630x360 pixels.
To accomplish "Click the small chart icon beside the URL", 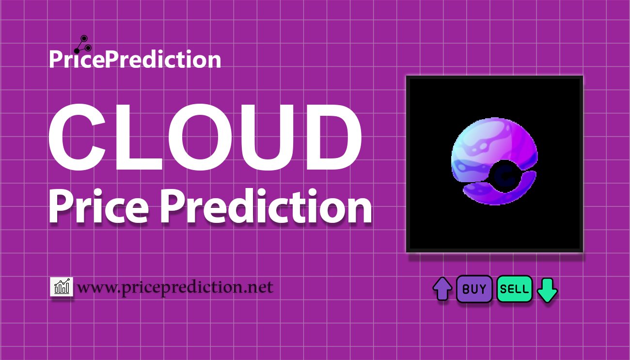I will point(62,287).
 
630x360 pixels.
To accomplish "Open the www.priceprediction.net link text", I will point(175,288).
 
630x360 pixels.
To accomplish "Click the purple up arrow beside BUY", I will point(442,289).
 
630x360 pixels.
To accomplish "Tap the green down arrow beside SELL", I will point(548,289).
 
